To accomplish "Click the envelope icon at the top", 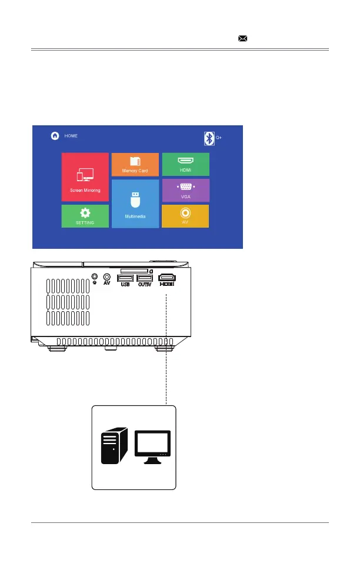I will [x=242, y=38].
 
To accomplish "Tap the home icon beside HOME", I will [x=55, y=136].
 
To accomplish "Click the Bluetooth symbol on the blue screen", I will [x=208, y=138].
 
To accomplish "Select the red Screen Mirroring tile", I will [x=85, y=177].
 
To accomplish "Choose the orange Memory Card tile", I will [x=135, y=165].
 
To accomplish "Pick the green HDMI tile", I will [x=185, y=164].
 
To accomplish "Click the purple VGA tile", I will [x=185, y=190].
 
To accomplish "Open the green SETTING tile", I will [x=85, y=216].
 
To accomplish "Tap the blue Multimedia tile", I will [x=135, y=203].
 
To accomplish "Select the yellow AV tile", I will [x=185, y=216].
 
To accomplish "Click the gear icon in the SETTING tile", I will [x=85, y=212].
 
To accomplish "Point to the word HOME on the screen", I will [x=71, y=136].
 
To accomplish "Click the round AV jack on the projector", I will [x=107, y=276].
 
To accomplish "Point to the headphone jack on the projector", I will [x=95, y=276].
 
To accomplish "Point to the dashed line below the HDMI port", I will [x=167, y=347].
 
